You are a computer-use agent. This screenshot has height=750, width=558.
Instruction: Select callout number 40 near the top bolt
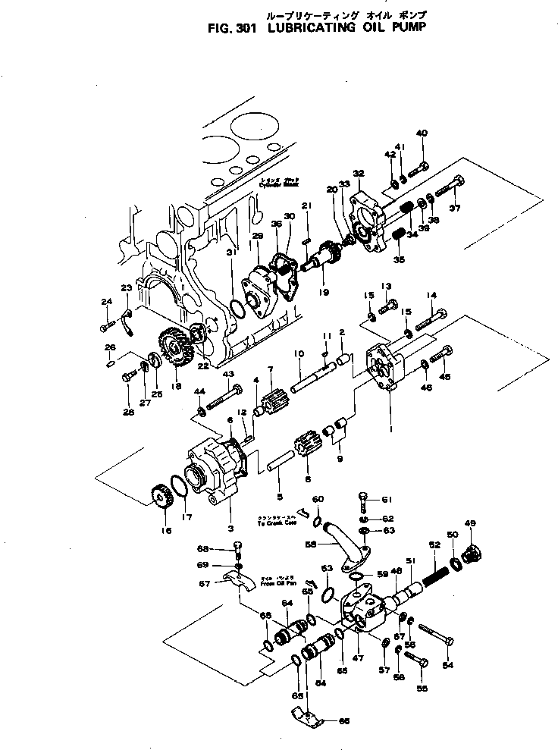[x=422, y=133]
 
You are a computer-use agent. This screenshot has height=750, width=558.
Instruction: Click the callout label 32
[x=359, y=173]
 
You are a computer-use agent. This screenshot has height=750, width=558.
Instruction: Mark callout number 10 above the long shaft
[x=298, y=353]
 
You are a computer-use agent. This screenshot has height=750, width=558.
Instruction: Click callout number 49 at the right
[x=471, y=524]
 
